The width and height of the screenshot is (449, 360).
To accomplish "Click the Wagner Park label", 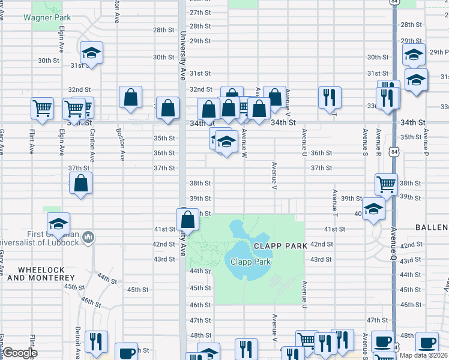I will coord(43,17).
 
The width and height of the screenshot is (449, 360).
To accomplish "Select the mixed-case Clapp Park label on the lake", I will coord(251,262).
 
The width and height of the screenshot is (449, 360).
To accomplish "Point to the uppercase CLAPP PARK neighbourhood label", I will coord(280,246).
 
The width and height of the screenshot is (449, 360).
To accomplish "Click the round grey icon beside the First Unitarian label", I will coord(88,238).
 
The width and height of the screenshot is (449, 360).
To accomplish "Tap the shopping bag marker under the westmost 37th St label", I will coord(81,184).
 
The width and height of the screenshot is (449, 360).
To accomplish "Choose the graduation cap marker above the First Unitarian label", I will coord(58,224).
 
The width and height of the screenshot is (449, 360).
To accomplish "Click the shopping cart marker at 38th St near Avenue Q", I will coord(386,185).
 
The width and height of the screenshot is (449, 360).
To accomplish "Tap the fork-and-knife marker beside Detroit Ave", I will coord(95,343).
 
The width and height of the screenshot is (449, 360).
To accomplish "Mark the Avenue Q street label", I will coord(394,240).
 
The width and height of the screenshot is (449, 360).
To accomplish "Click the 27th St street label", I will coord(200,13).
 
